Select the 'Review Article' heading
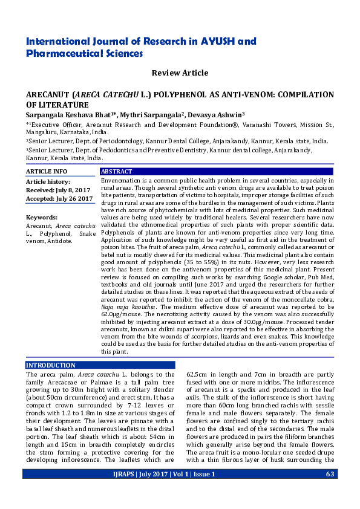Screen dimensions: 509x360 (180, 73)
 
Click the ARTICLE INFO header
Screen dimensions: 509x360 (47, 172)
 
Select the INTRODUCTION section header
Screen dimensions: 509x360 (51, 366)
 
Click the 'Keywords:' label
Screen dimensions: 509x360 (41, 217)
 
